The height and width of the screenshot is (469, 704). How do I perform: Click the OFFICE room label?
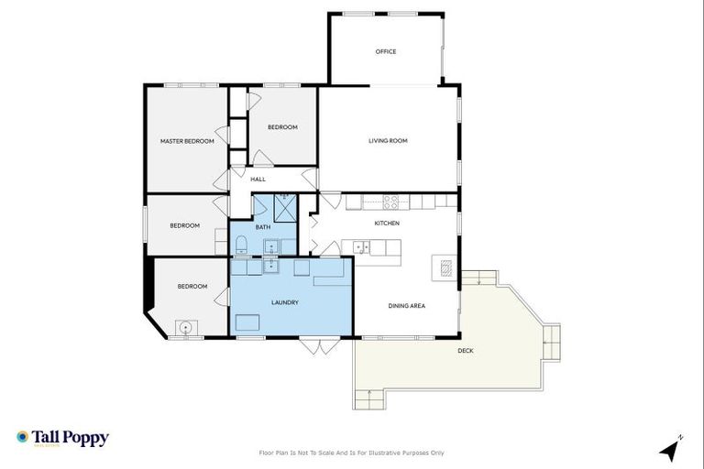[x=386, y=51]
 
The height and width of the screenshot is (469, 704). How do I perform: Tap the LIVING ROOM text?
[x=388, y=140]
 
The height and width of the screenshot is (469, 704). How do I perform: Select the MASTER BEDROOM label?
[x=187, y=141]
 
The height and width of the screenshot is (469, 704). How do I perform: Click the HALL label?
[x=258, y=179]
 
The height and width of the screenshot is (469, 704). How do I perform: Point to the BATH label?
[x=263, y=226]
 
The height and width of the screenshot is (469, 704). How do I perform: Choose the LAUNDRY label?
[x=285, y=302]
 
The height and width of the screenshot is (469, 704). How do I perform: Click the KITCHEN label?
[x=387, y=223]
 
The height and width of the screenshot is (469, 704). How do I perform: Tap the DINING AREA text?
[x=406, y=306]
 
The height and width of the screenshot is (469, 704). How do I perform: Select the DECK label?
[x=467, y=350]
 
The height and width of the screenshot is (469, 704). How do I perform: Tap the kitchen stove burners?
[x=390, y=202]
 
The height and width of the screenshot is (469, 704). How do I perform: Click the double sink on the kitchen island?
[x=362, y=246]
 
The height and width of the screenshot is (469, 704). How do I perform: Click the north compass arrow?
[x=671, y=451]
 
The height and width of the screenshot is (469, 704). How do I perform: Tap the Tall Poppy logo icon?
[x=22, y=438]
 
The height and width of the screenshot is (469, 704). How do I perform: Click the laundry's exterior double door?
[x=311, y=345]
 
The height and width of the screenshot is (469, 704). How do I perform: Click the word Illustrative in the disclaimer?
[x=398, y=453]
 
